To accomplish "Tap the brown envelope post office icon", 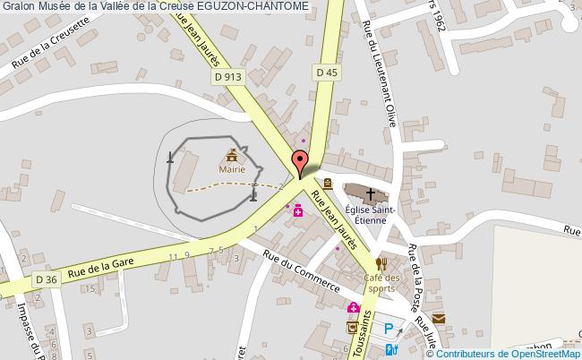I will (x=439, y=318).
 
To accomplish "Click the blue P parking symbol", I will (x=389, y=329).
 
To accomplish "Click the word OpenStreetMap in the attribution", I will (x=547, y=353).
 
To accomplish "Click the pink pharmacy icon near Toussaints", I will (x=354, y=309).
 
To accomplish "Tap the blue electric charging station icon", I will (x=389, y=349).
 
